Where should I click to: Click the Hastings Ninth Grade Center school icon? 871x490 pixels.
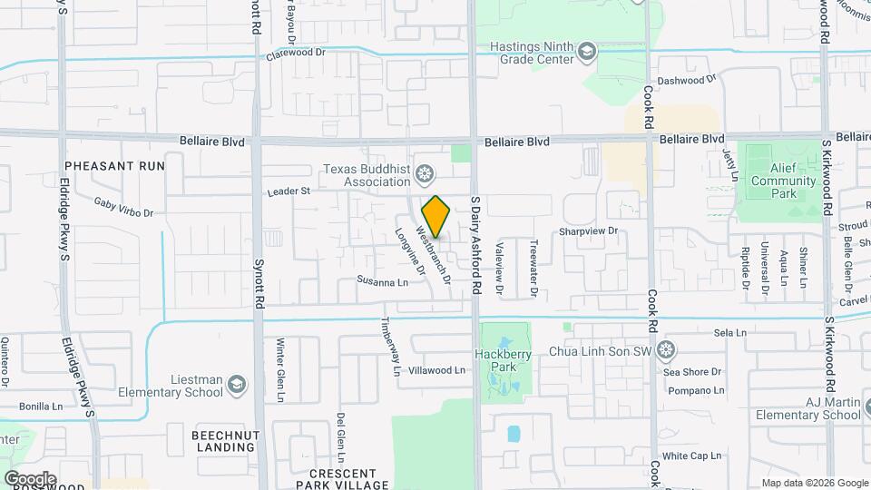coord(587,50)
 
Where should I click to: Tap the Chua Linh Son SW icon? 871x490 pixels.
coord(667,349)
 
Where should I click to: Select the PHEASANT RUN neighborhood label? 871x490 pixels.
coord(115,166)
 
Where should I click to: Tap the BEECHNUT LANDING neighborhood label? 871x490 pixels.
coord(226,442)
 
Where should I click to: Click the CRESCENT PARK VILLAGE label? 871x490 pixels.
coord(342,479)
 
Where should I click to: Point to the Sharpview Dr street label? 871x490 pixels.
coord(588,231)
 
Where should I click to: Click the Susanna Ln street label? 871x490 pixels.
coord(382,282)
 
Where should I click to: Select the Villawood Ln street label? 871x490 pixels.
coord(436,370)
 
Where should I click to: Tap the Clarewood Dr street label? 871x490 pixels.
coord(295,54)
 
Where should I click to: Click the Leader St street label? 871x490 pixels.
coord(289,191)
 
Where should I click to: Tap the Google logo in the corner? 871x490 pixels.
coord(30,478)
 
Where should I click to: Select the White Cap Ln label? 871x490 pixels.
coord(691,456)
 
